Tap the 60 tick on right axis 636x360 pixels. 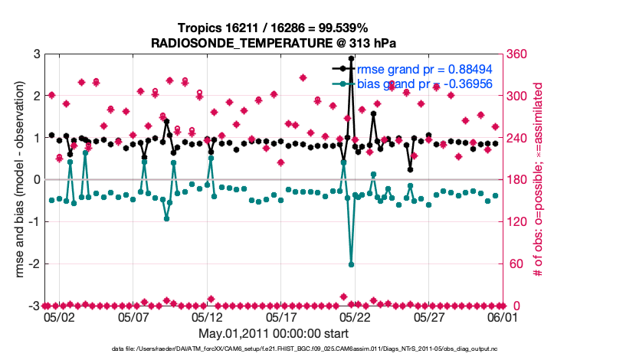[x=515, y=264]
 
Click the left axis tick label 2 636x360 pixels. [x=35, y=97]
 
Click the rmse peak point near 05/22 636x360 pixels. [x=351, y=58]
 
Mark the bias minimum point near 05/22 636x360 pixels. [x=351, y=264]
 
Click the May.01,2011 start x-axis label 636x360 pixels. [x=274, y=334]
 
